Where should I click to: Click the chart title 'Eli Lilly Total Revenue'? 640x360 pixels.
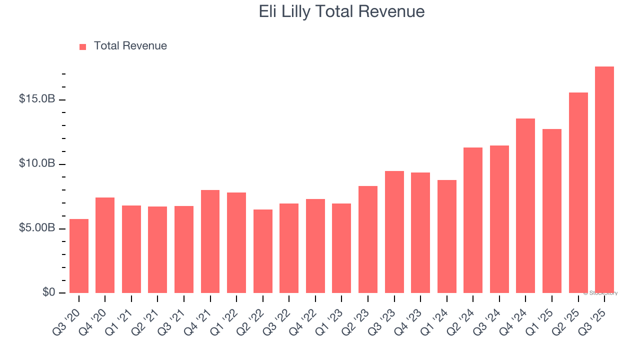point(341,11)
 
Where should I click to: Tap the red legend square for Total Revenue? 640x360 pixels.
point(83,46)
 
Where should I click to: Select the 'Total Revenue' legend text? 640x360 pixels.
point(130,46)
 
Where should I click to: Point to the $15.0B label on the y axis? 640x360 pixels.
point(37,99)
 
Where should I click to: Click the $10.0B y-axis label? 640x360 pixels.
point(37,163)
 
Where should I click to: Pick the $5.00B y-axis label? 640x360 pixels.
point(37,228)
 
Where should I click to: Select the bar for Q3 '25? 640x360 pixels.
point(604,180)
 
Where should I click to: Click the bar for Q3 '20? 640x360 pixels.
point(79,256)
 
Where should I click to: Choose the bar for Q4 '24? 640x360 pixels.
point(525,205)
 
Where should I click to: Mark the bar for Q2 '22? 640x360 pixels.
point(263,251)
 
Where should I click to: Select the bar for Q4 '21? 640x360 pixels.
point(210,241)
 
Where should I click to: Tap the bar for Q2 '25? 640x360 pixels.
point(578,192)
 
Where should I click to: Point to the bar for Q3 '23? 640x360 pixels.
point(394,232)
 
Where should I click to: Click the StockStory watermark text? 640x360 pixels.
point(600,293)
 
